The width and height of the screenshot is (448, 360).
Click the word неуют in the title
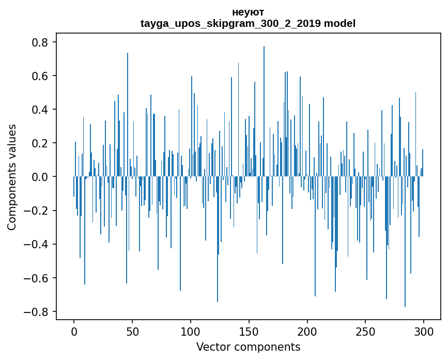[x=248, y=12]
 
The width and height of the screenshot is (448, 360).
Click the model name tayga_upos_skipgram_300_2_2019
[x=231, y=24]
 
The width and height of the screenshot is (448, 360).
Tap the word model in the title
[x=339, y=24]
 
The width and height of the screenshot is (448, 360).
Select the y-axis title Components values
[x=12, y=177]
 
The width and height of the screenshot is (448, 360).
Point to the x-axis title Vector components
[x=248, y=347]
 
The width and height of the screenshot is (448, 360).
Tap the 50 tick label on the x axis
[x=132, y=331]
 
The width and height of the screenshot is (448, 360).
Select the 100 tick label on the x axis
[x=191, y=331]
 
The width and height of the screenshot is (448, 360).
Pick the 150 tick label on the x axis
[x=249, y=331]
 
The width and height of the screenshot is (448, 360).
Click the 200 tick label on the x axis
[x=307, y=331]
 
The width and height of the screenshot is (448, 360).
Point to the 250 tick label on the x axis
[x=366, y=331]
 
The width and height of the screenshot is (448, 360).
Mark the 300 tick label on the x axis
[x=424, y=331]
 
